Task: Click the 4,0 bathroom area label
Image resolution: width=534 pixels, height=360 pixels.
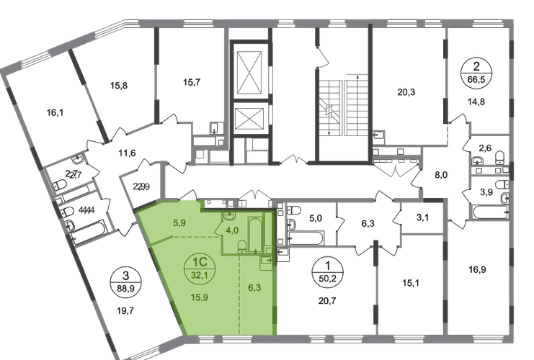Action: tap(232, 230)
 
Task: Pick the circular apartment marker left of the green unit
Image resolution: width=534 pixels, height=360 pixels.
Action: tap(128, 277)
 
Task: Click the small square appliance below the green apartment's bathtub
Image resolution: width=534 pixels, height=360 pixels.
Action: tap(265, 259)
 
